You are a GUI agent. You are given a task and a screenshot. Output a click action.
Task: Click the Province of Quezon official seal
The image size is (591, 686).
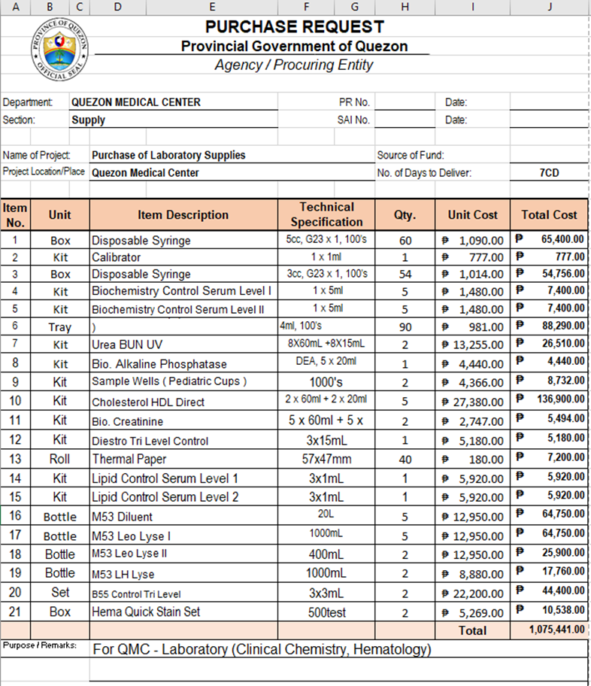pyautogui.click(x=60, y=47)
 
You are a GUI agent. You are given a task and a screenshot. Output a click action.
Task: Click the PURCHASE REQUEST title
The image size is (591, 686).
pyautogui.click(x=294, y=27)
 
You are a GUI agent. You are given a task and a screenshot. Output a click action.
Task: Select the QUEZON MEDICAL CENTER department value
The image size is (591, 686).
pyautogui.click(x=135, y=102)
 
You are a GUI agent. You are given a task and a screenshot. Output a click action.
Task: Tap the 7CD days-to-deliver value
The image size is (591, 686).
pyautogui.click(x=549, y=172)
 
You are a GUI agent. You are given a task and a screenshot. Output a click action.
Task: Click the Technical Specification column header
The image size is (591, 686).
pyautogui.click(x=326, y=214)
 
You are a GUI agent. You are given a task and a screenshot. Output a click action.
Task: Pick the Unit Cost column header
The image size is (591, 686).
pyautogui.click(x=472, y=214)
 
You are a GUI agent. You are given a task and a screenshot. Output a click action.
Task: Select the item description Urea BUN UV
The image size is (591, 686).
pyautogui.click(x=127, y=345)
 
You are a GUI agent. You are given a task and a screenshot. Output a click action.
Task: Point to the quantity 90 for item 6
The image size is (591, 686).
pyautogui.click(x=405, y=326)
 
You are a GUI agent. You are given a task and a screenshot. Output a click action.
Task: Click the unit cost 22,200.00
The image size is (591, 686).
pyautogui.click(x=476, y=593)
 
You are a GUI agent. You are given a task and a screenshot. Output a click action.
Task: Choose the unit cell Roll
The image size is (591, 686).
pyautogui.click(x=60, y=459)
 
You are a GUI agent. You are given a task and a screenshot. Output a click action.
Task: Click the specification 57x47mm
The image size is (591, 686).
pyautogui.click(x=326, y=459)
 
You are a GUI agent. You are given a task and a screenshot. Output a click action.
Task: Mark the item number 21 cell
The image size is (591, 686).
pyautogui.click(x=15, y=612)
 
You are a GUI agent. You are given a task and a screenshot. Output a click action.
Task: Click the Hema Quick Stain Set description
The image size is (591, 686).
pyautogui.click(x=146, y=612)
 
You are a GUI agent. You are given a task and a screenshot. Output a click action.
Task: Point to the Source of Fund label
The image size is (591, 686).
pyautogui.click(x=410, y=156)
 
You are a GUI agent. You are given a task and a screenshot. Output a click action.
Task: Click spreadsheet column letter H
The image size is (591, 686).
pyautogui.click(x=405, y=7)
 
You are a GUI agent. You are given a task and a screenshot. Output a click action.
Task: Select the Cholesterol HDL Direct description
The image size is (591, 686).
pyautogui.click(x=148, y=402)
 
